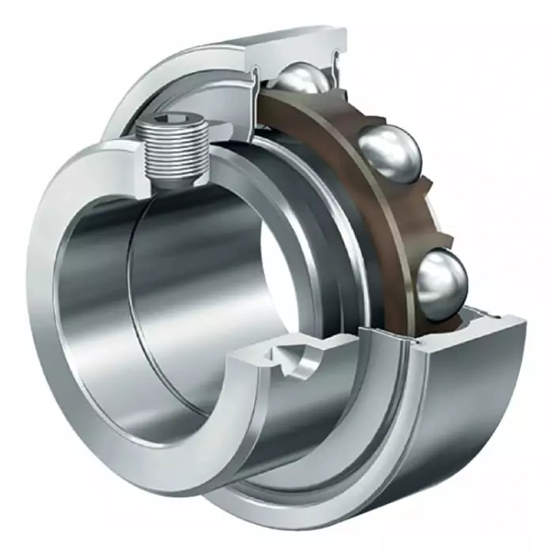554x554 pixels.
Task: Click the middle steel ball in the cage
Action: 389,154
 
